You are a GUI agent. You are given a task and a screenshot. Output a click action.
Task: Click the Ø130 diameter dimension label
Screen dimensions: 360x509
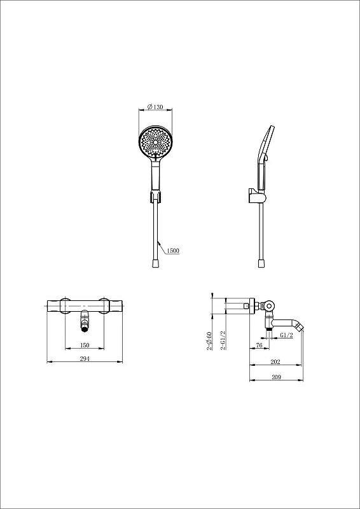point(155,107)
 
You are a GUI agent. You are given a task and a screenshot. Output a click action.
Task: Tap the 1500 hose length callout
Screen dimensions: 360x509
point(173,251)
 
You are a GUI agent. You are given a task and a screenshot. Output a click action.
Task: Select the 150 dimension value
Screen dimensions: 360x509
point(85,345)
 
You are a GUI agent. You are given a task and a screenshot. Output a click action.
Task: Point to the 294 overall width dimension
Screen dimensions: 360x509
point(85,358)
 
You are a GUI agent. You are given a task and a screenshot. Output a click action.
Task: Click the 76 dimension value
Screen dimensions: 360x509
point(259,345)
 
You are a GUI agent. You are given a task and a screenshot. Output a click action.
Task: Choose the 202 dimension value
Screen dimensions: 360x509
point(275,361)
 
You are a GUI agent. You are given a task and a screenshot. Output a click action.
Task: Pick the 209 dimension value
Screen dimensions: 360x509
point(276,377)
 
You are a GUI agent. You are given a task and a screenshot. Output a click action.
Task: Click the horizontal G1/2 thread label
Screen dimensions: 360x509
point(286,335)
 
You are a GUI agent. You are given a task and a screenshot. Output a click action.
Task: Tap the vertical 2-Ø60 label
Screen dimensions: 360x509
point(209,341)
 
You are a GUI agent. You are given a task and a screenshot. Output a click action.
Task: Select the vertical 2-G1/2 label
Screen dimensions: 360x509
point(223,340)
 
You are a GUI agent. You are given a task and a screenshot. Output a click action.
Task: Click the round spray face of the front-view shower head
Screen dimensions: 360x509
point(156,142)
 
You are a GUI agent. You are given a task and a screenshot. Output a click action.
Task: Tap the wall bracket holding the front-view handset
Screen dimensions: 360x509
point(155,196)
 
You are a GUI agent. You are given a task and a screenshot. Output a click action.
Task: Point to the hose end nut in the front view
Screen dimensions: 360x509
point(156,263)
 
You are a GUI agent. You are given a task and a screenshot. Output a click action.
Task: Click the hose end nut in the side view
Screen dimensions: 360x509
point(261,263)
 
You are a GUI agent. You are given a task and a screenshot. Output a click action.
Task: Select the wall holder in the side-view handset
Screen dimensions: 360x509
point(256,196)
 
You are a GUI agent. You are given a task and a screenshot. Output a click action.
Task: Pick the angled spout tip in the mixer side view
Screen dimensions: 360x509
point(300,328)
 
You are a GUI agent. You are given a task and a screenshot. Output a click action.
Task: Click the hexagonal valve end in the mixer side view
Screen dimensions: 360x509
point(268,305)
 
